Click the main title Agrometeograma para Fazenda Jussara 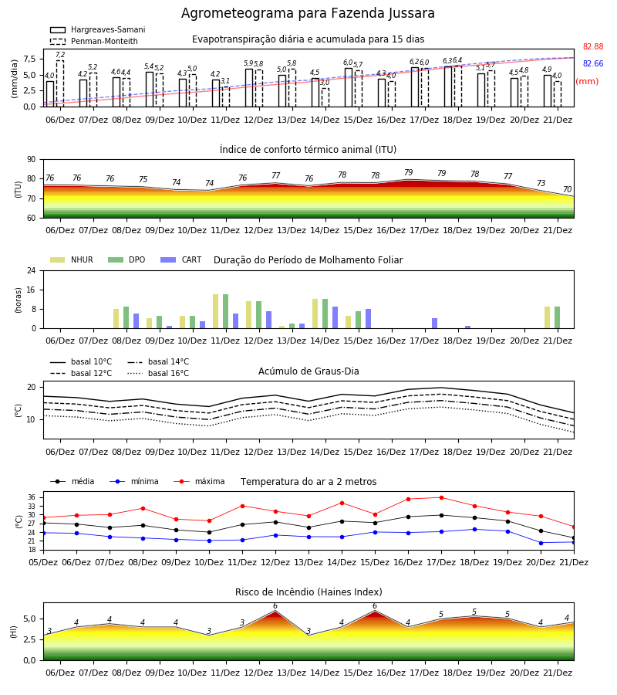pos(308,13)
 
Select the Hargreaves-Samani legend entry pos(97,29)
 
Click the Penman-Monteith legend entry pos(94,41)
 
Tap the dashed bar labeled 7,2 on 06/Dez pos(59,83)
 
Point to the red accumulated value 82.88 pos(593,46)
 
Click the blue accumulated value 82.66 pos(593,63)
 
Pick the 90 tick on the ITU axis pos(32,160)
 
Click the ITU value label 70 pos(567,189)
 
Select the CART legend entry pos(180,259)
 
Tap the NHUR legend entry pos(71,259)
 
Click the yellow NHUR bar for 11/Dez pos(215,311)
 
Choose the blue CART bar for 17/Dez pos(435,323)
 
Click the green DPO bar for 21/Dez pos(558,317)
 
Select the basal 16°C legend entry pos(158,373)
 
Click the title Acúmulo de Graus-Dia pos(308,371)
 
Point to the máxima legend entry pos(199,481)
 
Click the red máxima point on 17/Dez pos(441,498)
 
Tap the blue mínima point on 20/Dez pos(541,543)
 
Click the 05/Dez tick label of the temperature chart pos(43,562)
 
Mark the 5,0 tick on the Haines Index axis pos(29,619)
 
